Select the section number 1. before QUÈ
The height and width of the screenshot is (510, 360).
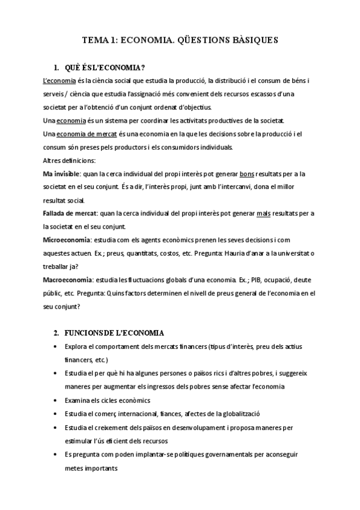tap(57, 67)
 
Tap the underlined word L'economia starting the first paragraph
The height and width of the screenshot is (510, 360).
tap(59, 81)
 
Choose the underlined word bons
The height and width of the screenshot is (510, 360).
tap(246, 174)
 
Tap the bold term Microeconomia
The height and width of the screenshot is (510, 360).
tap(67, 240)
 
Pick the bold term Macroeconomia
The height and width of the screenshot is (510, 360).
tap(68, 280)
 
